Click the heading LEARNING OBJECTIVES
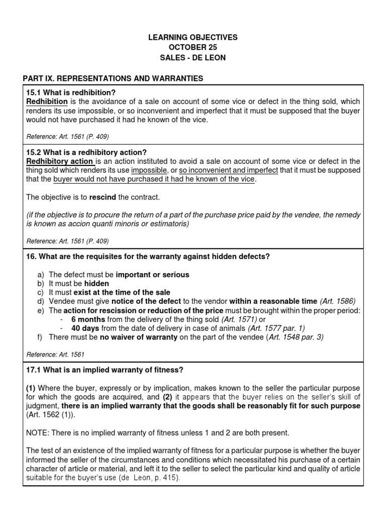click(x=193, y=37)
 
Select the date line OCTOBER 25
click(x=193, y=47)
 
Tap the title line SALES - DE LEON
click(x=193, y=58)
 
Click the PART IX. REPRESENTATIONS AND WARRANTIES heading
click(x=113, y=78)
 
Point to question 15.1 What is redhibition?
click(x=71, y=93)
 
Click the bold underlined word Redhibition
click(x=47, y=102)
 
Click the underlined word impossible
click(x=149, y=170)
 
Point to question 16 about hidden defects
click(x=148, y=256)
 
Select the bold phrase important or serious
click(x=152, y=275)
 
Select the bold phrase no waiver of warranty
click(x=138, y=337)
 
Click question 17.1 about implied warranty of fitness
click(x=105, y=370)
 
